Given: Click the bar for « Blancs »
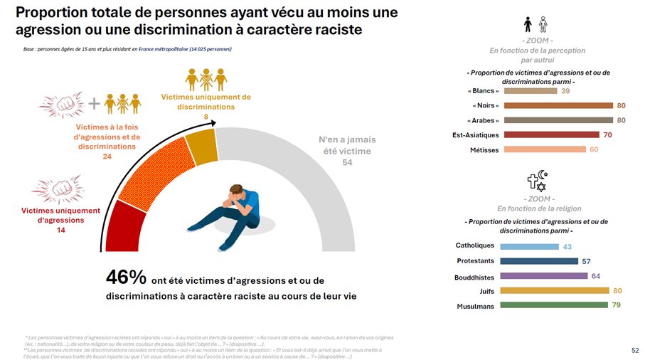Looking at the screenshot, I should pos(531,91).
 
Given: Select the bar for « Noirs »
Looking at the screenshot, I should pos(558,105).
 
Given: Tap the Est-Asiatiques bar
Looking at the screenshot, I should pos(551,134).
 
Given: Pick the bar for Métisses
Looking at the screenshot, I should pos(544,149).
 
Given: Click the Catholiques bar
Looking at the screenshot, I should pos(530,246).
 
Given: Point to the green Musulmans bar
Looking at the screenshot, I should pos(555,305).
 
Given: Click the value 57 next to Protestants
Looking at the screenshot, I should pos(586,261).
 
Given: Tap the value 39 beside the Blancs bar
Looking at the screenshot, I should pos(565,91).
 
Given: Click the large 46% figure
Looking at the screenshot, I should pos(127,277).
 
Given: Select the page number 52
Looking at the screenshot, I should pos(635,350).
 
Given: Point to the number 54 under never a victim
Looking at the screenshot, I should pos(347,162).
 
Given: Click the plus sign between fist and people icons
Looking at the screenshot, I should pos(92,103).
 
